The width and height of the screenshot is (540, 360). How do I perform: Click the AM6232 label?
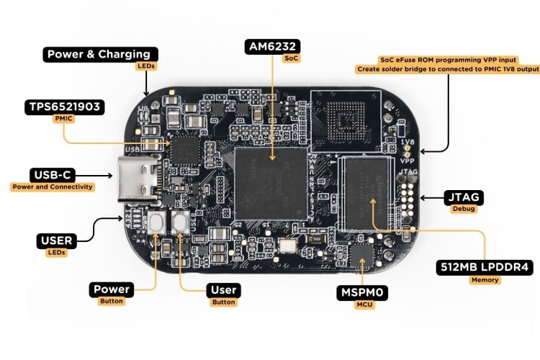(272, 47)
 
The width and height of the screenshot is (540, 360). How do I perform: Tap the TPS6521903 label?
(63, 108)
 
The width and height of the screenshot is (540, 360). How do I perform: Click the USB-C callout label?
(53, 175)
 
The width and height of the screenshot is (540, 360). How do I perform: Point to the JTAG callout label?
(464, 197)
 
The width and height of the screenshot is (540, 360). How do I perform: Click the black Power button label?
(112, 289)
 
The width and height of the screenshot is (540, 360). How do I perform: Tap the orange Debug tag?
(464, 210)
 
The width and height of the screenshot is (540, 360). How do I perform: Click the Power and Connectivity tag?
(53, 187)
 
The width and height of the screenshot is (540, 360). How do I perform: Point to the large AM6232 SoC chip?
(271, 184)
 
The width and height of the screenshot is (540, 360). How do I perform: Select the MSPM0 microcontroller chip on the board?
(359, 254)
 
